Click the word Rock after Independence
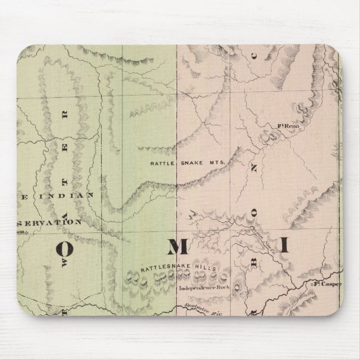pos(219,289)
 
